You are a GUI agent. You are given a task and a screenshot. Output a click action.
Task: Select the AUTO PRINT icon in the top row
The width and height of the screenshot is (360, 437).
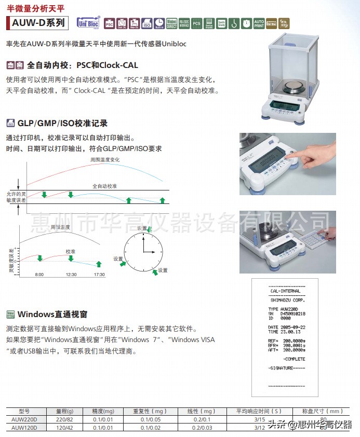tap(259, 23)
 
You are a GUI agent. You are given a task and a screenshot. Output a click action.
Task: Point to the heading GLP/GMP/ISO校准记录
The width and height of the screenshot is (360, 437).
tap(62, 123)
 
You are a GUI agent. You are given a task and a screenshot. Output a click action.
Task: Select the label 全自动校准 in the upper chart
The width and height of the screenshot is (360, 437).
tap(105, 185)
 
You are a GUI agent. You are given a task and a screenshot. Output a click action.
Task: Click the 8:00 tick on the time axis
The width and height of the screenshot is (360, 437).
tap(39, 274)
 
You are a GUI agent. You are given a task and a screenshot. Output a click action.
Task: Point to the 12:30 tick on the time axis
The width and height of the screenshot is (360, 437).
tap(71, 274)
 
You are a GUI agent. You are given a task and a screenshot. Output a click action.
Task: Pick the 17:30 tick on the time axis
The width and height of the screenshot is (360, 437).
tap(99, 274)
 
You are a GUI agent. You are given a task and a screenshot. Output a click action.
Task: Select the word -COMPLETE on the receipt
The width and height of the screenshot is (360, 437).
tap(294, 359)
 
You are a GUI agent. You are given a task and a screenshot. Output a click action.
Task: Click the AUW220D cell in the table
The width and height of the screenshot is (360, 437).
tap(28, 419)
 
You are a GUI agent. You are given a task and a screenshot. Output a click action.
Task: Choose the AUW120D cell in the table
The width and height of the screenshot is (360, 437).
tap(28, 427)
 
